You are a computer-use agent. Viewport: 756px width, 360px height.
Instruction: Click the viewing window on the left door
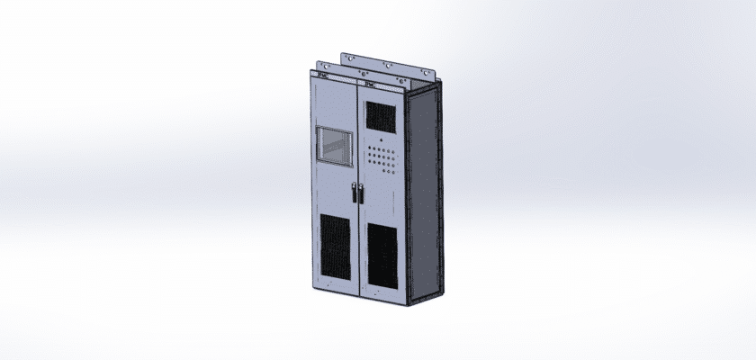[336, 147]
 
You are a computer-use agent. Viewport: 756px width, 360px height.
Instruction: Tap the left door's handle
[354, 193]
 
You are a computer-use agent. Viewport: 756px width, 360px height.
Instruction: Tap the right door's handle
[362, 193]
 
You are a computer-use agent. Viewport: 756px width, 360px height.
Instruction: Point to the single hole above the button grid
[380, 141]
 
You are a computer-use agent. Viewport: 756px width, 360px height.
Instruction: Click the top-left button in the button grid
[368, 148]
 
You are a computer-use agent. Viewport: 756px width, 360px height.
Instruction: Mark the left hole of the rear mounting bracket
[350, 58]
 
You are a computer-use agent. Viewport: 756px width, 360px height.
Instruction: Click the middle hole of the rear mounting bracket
[387, 65]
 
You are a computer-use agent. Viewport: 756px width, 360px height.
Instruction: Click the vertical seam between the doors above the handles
[359, 135]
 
